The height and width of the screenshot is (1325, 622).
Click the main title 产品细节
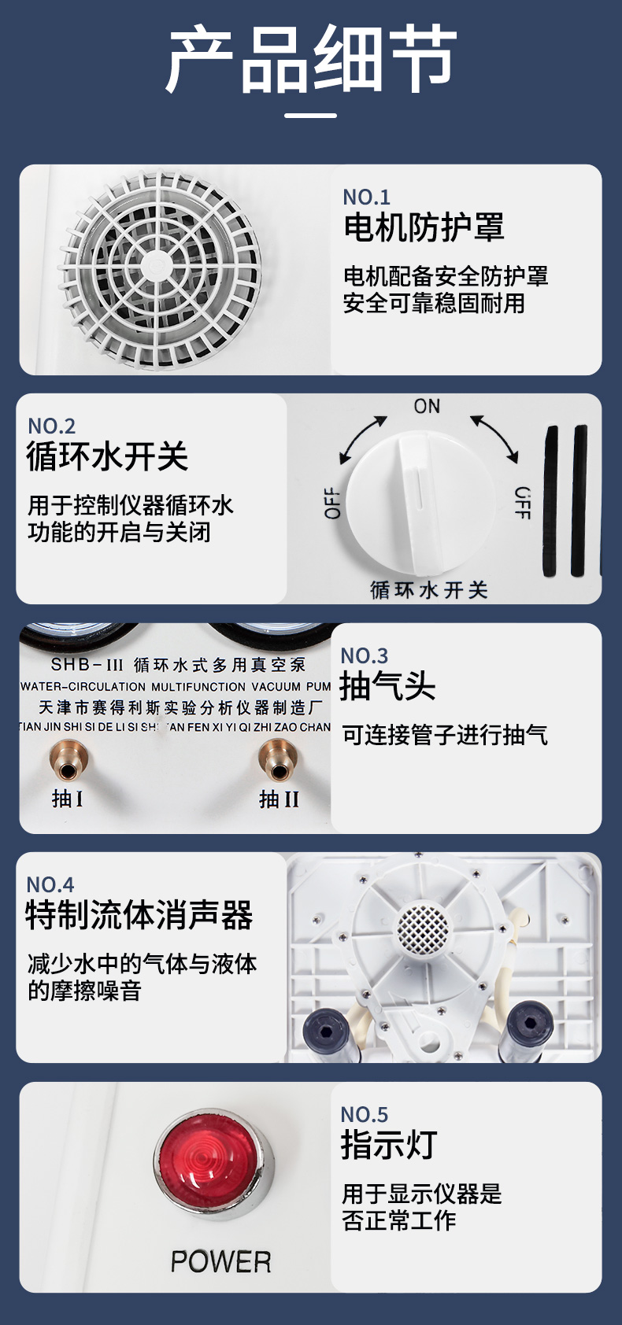(x=311, y=58)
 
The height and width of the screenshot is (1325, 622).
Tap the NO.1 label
(x=366, y=197)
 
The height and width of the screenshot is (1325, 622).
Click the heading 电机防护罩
(x=424, y=227)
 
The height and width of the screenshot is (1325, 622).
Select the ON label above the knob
(x=427, y=406)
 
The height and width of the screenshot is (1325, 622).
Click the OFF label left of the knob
(x=333, y=503)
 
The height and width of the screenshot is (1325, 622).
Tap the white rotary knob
(x=420, y=502)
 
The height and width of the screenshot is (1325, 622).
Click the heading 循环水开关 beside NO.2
(x=107, y=456)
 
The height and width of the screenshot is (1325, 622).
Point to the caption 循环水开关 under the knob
(x=428, y=590)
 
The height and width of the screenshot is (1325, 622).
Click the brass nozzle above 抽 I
(x=68, y=762)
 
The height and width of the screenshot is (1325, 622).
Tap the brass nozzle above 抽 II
(x=278, y=761)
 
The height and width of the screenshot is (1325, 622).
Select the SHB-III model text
(x=87, y=665)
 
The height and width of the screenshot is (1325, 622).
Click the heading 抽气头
(x=387, y=686)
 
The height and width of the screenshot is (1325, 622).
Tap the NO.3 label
(x=364, y=656)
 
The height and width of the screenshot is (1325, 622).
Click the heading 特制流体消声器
(x=139, y=915)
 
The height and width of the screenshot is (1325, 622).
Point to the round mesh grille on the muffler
(x=421, y=928)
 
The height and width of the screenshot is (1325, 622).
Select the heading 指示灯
(x=389, y=1145)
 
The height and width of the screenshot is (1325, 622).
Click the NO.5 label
(x=364, y=1115)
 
